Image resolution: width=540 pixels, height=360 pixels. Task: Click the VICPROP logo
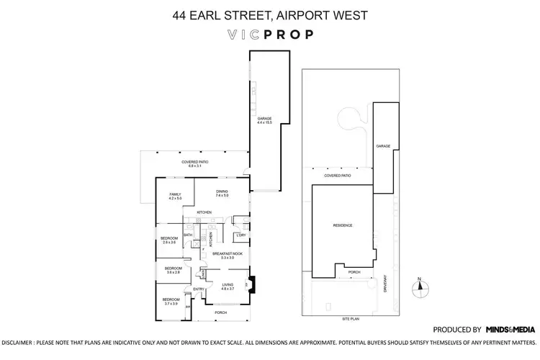(269, 34)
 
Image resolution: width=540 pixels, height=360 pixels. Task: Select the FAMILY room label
(175, 195)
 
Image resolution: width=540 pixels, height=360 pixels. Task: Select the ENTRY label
(199, 289)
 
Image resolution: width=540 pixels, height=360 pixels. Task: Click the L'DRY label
(241, 235)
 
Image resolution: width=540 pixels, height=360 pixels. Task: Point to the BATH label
(187, 235)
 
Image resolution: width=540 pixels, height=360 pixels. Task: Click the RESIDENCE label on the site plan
(342, 225)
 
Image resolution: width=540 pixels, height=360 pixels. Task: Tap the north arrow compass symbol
(418, 288)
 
